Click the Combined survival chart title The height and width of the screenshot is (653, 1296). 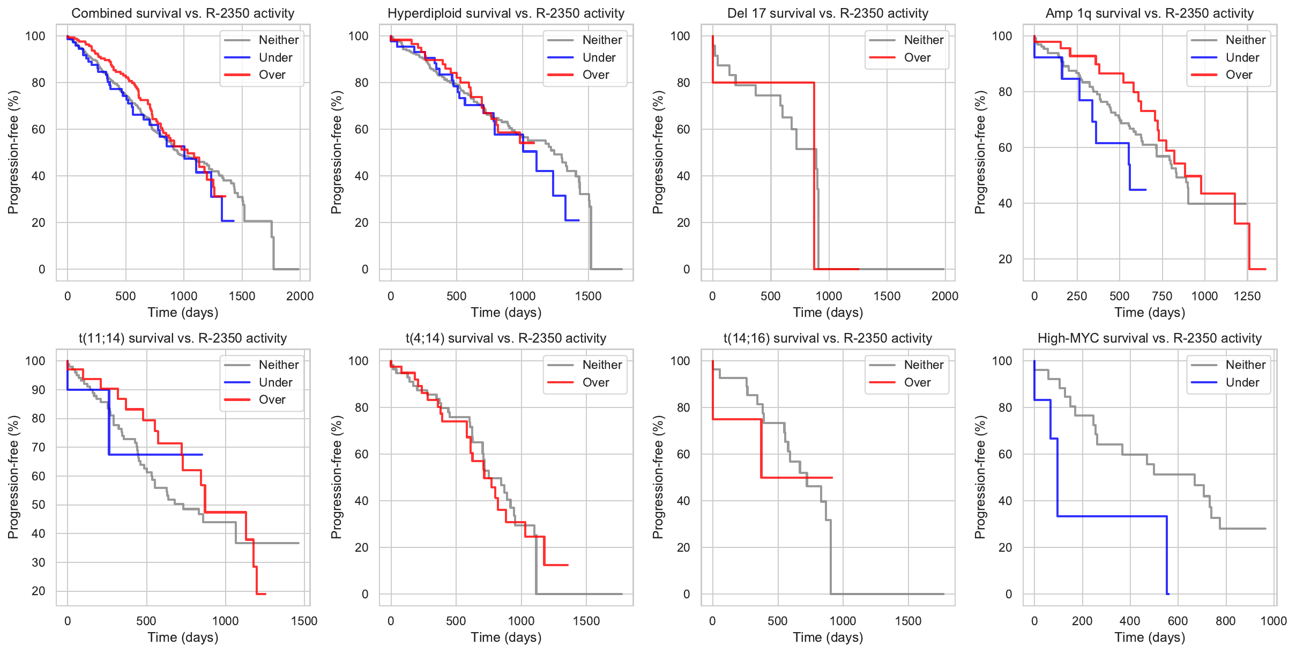click(183, 13)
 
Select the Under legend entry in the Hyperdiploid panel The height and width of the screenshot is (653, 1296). click(599, 57)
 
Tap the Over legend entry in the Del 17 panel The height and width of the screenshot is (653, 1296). click(917, 57)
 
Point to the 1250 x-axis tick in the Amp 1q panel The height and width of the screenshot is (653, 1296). click(1247, 296)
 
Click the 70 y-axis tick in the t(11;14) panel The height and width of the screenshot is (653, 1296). click(39, 447)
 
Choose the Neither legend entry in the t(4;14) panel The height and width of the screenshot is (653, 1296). click(602, 365)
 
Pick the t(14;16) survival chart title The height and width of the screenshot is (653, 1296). click(828, 338)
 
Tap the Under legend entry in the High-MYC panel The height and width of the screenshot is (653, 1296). click(1242, 382)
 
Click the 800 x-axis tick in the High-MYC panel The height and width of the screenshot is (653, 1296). click(1226, 621)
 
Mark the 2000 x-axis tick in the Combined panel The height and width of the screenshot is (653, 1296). click(300, 296)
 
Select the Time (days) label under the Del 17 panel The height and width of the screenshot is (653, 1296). click(828, 313)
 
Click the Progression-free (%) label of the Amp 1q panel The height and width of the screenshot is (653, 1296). click(980, 152)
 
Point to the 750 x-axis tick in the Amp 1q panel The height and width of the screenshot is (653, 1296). click(1162, 296)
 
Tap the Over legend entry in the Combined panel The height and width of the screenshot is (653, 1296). click(272, 75)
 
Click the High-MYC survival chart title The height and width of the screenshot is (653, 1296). click(1149, 338)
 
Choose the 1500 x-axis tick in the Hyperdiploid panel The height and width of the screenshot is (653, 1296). click(588, 296)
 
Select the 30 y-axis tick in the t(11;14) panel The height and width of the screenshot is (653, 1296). click(39, 562)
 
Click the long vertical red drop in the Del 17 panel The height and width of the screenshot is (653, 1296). click(814, 177)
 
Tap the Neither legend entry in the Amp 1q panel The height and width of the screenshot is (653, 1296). click(1245, 40)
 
